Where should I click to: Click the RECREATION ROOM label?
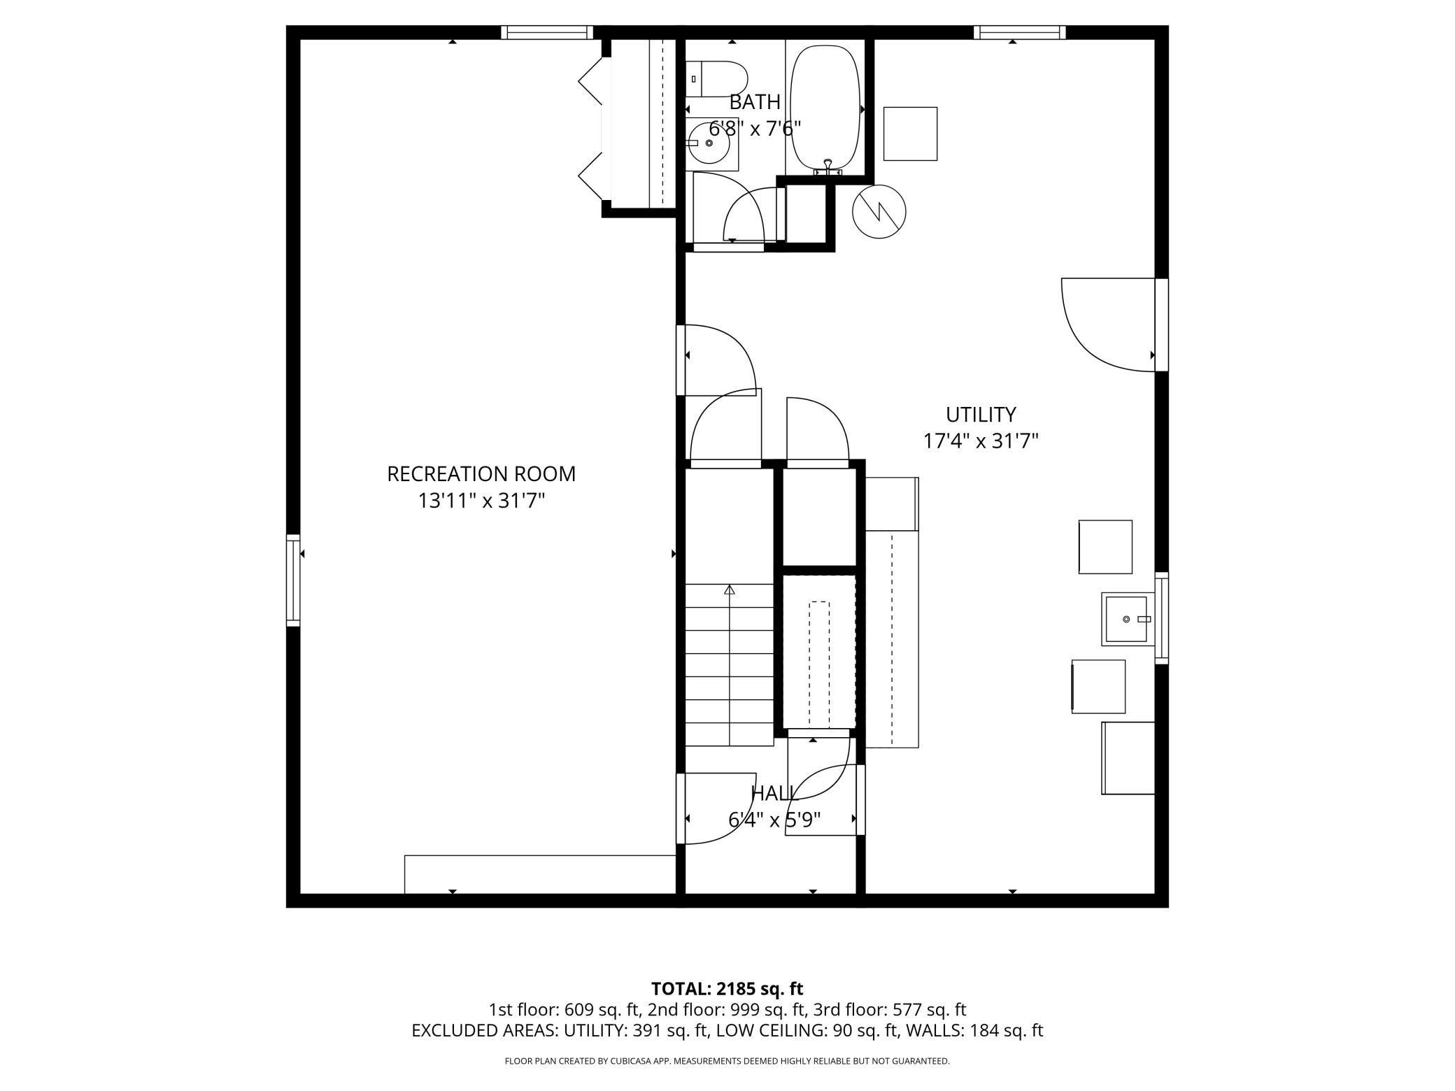[x=481, y=474]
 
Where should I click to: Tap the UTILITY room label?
[x=981, y=415]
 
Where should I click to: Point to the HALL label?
[x=774, y=793]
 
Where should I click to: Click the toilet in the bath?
[x=716, y=79]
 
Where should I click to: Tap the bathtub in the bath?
[x=825, y=109]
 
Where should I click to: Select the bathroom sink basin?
[x=708, y=143]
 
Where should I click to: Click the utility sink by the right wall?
[x=1128, y=619]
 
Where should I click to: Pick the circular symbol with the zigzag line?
[x=879, y=211]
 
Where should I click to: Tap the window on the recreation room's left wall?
[x=293, y=580]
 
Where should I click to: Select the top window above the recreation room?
[x=546, y=32]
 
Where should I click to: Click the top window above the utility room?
[x=1020, y=32]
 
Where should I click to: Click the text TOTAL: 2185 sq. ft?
[x=727, y=989]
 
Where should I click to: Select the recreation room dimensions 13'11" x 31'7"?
[x=481, y=501]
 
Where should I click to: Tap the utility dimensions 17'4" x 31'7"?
[x=981, y=441]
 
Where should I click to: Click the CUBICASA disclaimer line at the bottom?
[x=727, y=1061]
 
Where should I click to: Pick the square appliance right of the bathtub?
[x=910, y=134]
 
